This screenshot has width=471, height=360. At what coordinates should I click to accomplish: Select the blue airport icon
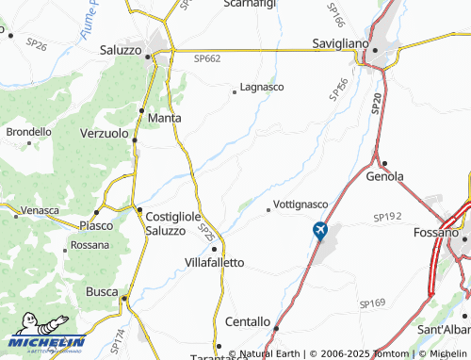(x=320, y=229)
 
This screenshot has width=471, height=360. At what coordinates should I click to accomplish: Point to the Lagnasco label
(x=263, y=87)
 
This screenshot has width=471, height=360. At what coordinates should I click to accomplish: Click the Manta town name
(x=165, y=118)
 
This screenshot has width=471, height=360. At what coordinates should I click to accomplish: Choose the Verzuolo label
(x=104, y=134)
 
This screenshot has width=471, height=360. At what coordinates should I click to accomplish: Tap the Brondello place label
(x=29, y=133)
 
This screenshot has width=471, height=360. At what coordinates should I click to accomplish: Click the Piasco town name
(x=96, y=226)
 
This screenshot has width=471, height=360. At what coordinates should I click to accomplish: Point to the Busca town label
(x=101, y=292)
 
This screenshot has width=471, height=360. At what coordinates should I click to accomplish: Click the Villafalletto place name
(x=214, y=262)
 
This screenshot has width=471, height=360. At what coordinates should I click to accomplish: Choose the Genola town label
(x=385, y=176)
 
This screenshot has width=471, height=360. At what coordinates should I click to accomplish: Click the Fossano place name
(x=435, y=232)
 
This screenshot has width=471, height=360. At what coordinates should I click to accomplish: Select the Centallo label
(x=246, y=321)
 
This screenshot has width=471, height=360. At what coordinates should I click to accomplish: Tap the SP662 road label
(x=207, y=58)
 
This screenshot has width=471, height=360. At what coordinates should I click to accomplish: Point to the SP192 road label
(x=386, y=217)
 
